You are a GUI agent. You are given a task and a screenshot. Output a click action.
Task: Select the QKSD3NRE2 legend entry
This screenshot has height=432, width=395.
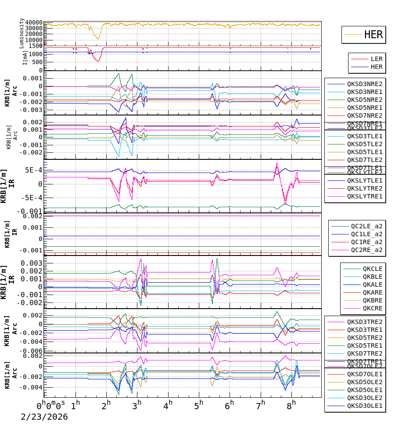click(x=365, y=84)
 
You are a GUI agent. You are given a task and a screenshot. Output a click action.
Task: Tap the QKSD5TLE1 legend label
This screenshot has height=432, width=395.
click(x=365, y=152)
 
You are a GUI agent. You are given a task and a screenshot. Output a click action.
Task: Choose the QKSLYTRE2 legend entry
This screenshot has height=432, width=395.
click(x=365, y=188)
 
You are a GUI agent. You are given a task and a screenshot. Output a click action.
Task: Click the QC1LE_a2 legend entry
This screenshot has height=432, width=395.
click(x=366, y=234)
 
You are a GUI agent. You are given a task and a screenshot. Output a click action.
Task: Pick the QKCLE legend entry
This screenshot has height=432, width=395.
click(x=372, y=269)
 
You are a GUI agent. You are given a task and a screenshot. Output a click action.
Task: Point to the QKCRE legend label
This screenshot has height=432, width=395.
click(x=372, y=308)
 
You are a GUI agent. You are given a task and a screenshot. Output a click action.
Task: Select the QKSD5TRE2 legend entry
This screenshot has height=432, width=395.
click(x=365, y=338)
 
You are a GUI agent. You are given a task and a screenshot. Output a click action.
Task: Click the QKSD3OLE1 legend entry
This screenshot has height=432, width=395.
click(x=365, y=406)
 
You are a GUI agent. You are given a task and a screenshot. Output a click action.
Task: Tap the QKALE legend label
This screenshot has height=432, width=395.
click(x=372, y=284)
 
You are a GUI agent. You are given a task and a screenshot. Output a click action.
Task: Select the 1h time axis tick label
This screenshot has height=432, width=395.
click(x=75, y=404)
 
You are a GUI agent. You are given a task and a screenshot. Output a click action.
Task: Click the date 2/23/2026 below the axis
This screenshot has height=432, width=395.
click(x=44, y=417)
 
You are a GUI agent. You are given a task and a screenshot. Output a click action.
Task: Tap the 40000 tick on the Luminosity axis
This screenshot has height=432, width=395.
click(x=34, y=23)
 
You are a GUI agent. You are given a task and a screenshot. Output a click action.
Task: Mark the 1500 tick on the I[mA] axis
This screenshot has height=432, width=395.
click(x=36, y=46)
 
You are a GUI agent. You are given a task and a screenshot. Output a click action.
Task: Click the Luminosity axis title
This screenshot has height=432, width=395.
click(x=22, y=32)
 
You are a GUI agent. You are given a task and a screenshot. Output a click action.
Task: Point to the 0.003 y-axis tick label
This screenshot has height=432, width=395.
click(x=34, y=263)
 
